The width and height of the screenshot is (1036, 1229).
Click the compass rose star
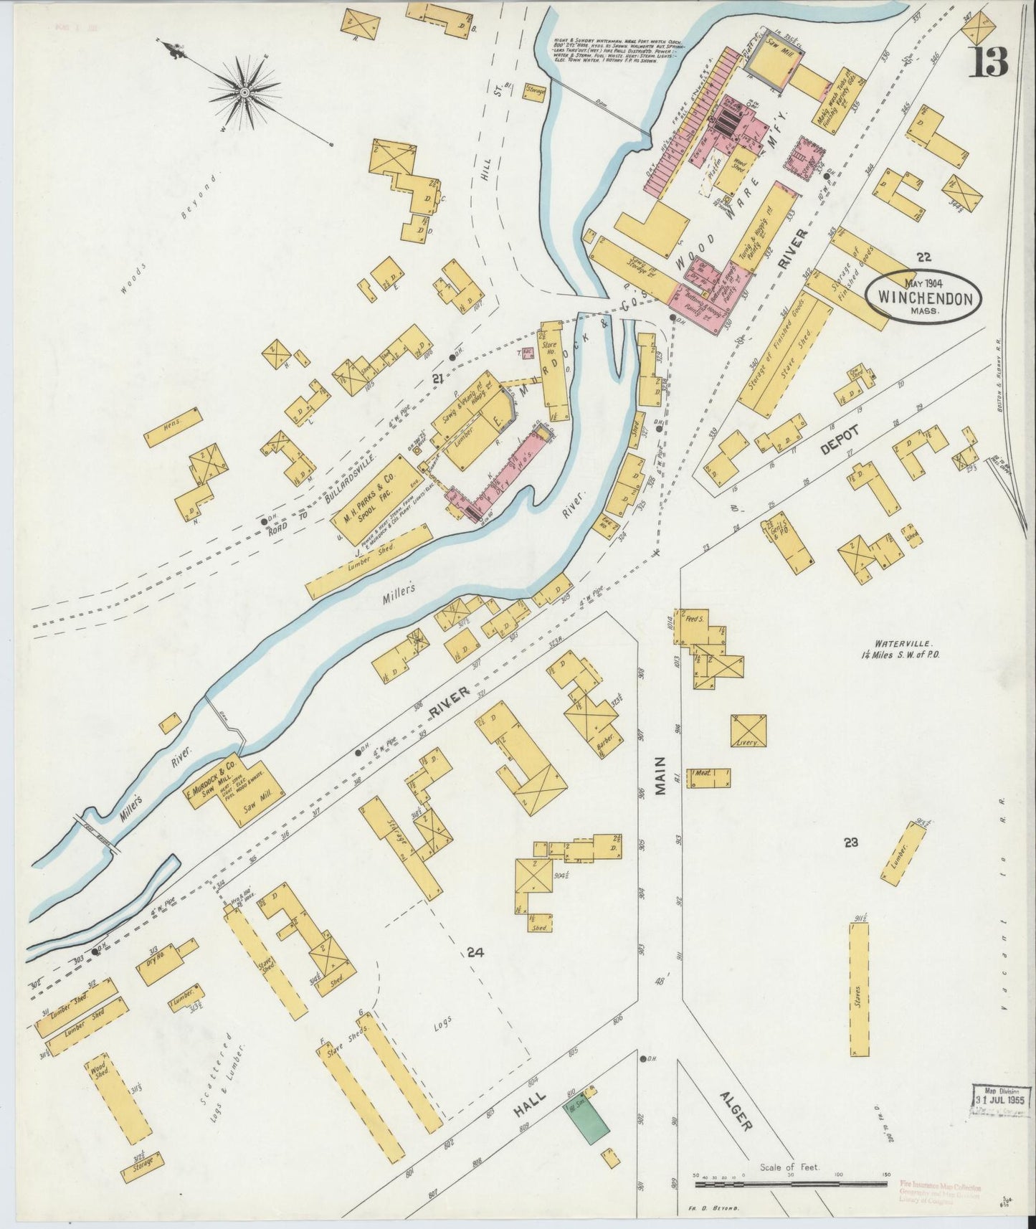pos(244,92)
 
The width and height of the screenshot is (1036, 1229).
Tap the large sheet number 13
pos(989,62)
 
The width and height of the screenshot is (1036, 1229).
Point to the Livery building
pos(749,731)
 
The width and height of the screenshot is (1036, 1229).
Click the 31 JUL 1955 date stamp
pos(1002,1098)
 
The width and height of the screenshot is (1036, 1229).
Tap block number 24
pos(474,953)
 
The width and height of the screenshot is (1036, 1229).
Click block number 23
pos(850,843)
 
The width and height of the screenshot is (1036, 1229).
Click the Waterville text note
pos(900,650)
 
